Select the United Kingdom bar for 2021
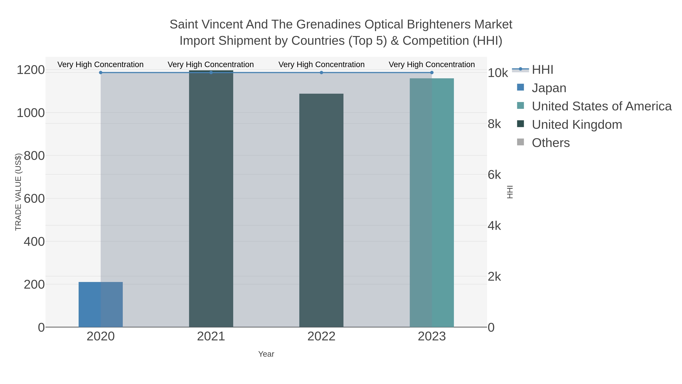coord(211,199)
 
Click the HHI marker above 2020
coord(101,73)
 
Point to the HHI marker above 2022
coord(321,73)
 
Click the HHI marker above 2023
coord(432,73)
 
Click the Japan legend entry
coord(549,88)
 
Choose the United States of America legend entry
coord(601,106)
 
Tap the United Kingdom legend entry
coord(577,125)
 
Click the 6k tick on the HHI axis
coord(494,175)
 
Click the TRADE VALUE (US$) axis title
coord(18,192)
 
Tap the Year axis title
coord(266,354)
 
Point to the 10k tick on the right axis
coord(497,73)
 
